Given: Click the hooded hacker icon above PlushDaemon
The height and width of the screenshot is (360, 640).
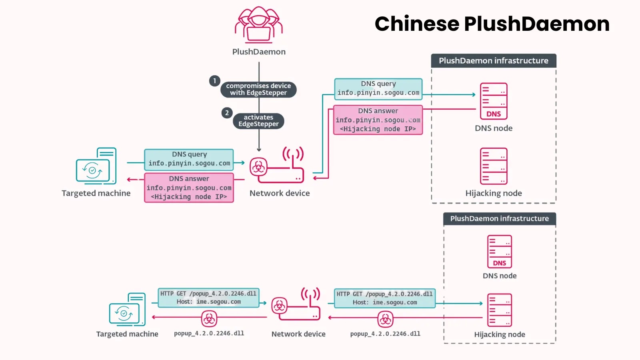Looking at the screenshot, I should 258,25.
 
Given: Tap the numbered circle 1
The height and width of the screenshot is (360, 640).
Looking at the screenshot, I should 215,81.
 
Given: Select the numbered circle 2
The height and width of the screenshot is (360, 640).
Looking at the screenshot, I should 227,113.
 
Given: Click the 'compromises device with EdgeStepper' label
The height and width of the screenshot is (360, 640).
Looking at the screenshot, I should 258,89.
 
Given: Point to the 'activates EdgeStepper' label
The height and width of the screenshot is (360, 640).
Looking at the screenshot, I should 258,121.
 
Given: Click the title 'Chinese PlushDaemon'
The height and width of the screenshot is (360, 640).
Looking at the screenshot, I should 492,24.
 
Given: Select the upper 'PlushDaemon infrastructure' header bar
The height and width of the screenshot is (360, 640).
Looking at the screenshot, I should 494,61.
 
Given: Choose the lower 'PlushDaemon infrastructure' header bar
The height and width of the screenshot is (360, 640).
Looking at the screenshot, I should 499,219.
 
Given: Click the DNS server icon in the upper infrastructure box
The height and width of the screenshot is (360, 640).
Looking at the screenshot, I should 494,101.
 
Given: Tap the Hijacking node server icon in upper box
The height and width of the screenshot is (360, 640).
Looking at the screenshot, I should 494,166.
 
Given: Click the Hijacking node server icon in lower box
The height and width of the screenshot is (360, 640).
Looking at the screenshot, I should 499,310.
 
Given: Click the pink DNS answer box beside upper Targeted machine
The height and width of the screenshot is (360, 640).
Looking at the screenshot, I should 189,188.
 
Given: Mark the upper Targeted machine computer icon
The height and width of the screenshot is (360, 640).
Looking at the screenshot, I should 96,166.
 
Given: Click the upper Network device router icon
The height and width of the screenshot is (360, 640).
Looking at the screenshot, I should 277,166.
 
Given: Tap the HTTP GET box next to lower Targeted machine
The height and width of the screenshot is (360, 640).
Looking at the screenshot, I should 208,298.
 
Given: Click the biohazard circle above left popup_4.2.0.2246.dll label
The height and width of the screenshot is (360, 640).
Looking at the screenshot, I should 209,319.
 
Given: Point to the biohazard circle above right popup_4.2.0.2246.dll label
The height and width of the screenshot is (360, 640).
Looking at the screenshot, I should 385,319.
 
